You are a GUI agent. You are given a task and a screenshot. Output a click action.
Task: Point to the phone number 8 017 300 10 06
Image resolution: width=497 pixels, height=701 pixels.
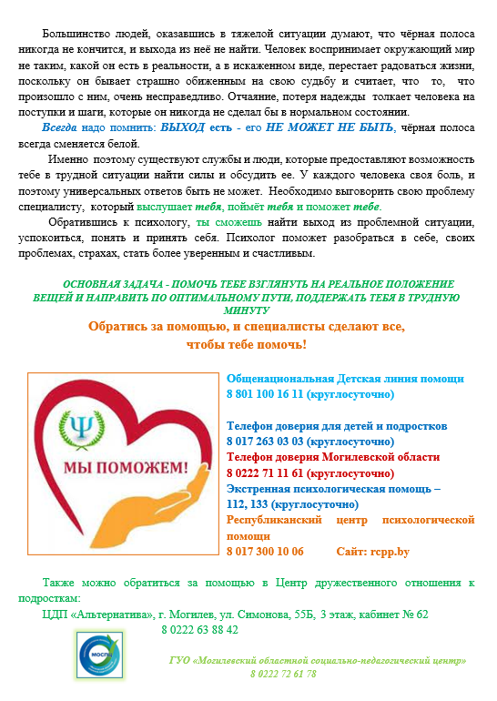tap(265, 552)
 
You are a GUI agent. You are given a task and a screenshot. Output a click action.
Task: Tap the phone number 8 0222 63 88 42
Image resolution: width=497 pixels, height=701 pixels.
tap(199, 630)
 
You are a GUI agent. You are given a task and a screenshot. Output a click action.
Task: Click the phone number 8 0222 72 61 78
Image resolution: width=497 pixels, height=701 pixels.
tap(283, 675)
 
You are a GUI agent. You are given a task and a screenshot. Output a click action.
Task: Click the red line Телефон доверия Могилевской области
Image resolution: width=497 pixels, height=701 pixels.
tap(332, 457)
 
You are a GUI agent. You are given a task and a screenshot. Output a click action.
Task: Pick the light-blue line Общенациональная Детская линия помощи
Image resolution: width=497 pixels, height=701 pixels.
tap(345, 379)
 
